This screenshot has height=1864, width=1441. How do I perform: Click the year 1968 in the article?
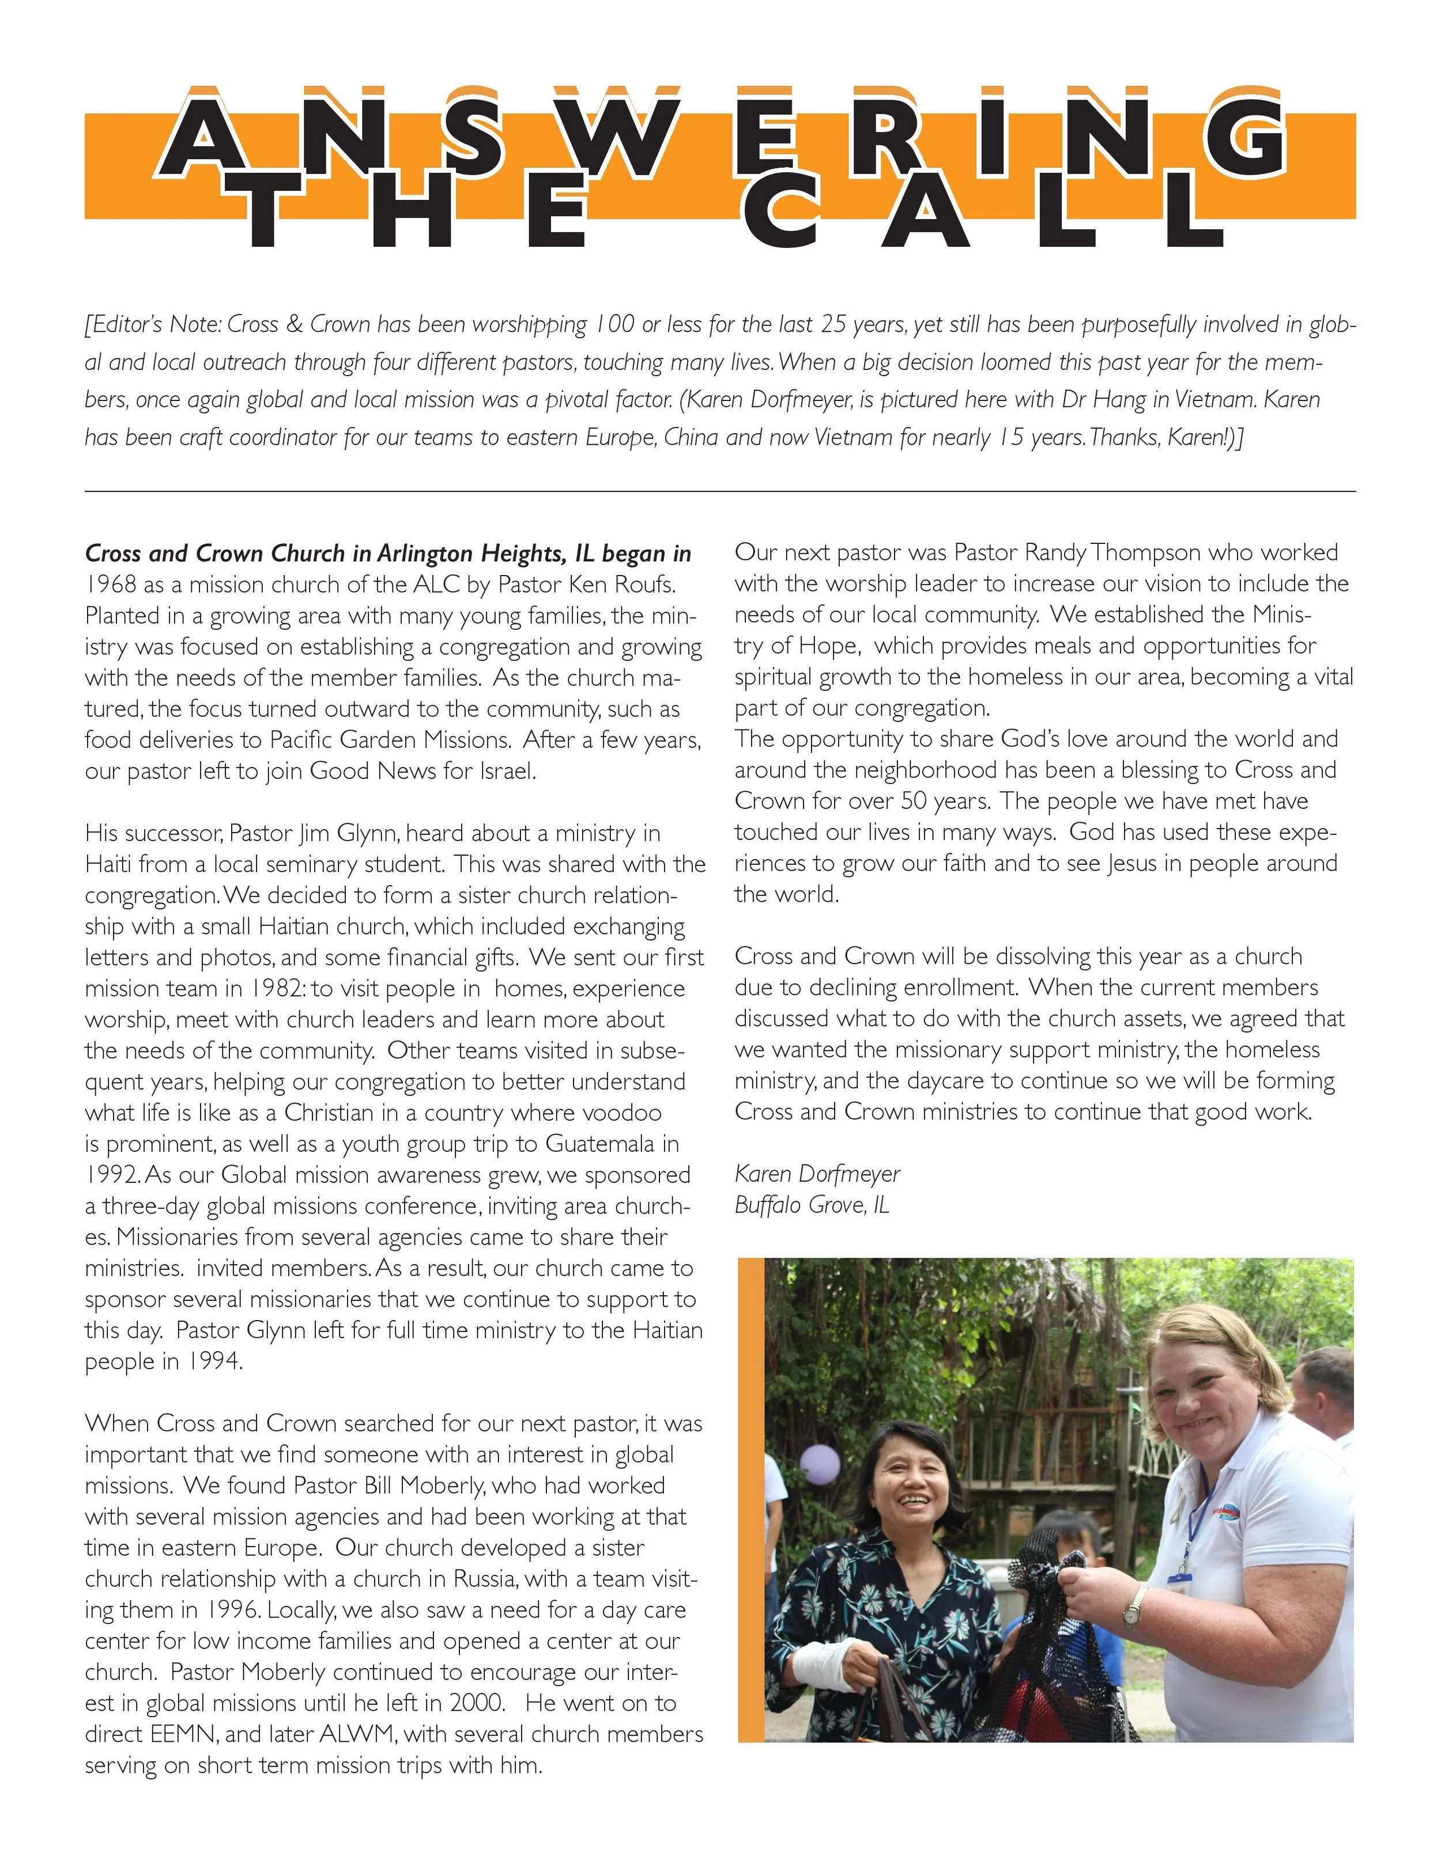(x=112, y=585)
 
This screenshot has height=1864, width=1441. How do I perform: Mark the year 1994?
(x=212, y=1362)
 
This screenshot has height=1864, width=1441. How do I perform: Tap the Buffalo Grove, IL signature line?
(x=812, y=1205)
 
